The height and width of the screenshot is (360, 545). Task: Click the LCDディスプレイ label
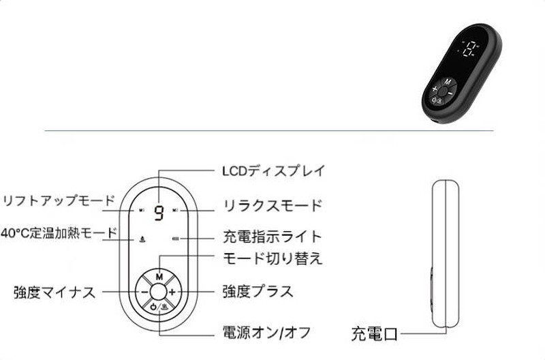(x=274, y=170)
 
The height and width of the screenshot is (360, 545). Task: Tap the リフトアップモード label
(x=58, y=200)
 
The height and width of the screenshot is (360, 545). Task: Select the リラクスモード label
(x=272, y=205)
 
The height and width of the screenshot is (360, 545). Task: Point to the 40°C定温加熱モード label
(x=59, y=232)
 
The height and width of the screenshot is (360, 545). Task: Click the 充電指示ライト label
(x=272, y=237)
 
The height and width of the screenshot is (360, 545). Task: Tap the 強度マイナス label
(x=54, y=292)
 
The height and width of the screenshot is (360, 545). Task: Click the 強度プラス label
(x=258, y=292)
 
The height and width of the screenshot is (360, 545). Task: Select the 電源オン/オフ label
(x=266, y=333)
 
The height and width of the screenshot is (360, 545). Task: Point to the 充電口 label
(x=374, y=334)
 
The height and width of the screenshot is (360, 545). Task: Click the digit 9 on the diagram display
(x=159, y=213)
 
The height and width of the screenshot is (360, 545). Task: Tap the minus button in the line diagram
(x=144, y=292)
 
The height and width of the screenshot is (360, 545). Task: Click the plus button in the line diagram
(x=172, y=292)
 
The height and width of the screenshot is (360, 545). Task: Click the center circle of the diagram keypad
(x=158, y=292)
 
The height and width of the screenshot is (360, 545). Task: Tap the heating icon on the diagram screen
(x=142, y=239)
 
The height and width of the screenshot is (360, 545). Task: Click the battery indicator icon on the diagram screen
(x=176, y=239)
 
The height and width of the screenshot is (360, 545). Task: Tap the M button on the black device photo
(x=448, y=82)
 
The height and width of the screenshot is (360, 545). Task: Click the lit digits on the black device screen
(x=471, y=49)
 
